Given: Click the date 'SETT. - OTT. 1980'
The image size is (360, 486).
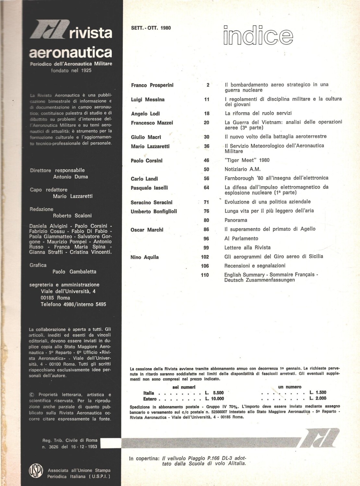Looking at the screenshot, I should point(151,28).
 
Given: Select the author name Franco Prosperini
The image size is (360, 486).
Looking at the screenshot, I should point(152,85).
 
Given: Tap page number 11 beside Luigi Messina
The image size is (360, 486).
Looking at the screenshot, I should point(207,99).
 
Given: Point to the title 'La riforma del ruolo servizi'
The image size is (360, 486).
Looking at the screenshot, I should point(258,113).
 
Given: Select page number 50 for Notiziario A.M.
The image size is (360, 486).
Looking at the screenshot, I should point(207,169).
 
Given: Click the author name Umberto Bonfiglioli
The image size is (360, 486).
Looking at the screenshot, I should point(154,212).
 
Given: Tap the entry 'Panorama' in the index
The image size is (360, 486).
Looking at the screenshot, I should point(236,220).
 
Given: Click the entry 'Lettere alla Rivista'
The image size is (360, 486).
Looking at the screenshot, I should point(247,248).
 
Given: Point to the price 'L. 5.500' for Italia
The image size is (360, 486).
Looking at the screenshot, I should point(214,393).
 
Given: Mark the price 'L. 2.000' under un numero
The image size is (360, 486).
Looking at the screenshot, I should point(318,399).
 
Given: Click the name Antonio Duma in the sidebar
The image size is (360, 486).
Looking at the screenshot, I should point(70,177).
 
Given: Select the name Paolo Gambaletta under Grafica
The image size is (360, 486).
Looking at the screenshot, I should point(74,272).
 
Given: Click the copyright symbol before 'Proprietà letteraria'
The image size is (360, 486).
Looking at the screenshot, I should point(31,395).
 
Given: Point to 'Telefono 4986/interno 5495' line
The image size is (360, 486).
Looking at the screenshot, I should point(73,304).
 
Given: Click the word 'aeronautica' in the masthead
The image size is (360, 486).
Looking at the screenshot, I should point(70,52).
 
